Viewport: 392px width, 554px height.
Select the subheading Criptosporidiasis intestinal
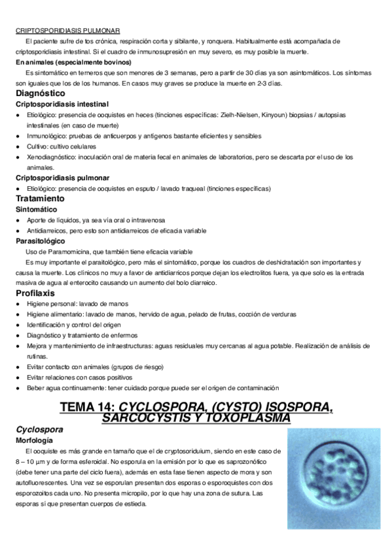point(62,104)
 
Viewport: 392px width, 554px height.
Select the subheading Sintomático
point(37,209)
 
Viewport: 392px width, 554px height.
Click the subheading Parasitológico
point(40,241)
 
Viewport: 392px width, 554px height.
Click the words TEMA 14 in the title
point(88,408)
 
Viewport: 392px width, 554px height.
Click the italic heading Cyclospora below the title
point(39,430)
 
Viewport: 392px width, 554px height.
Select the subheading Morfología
point(35,441)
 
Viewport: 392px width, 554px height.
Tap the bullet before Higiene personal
point(19,304)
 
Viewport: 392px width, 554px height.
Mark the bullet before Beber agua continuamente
point(19,388)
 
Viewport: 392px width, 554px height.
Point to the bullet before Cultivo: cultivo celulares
point(19,146)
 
